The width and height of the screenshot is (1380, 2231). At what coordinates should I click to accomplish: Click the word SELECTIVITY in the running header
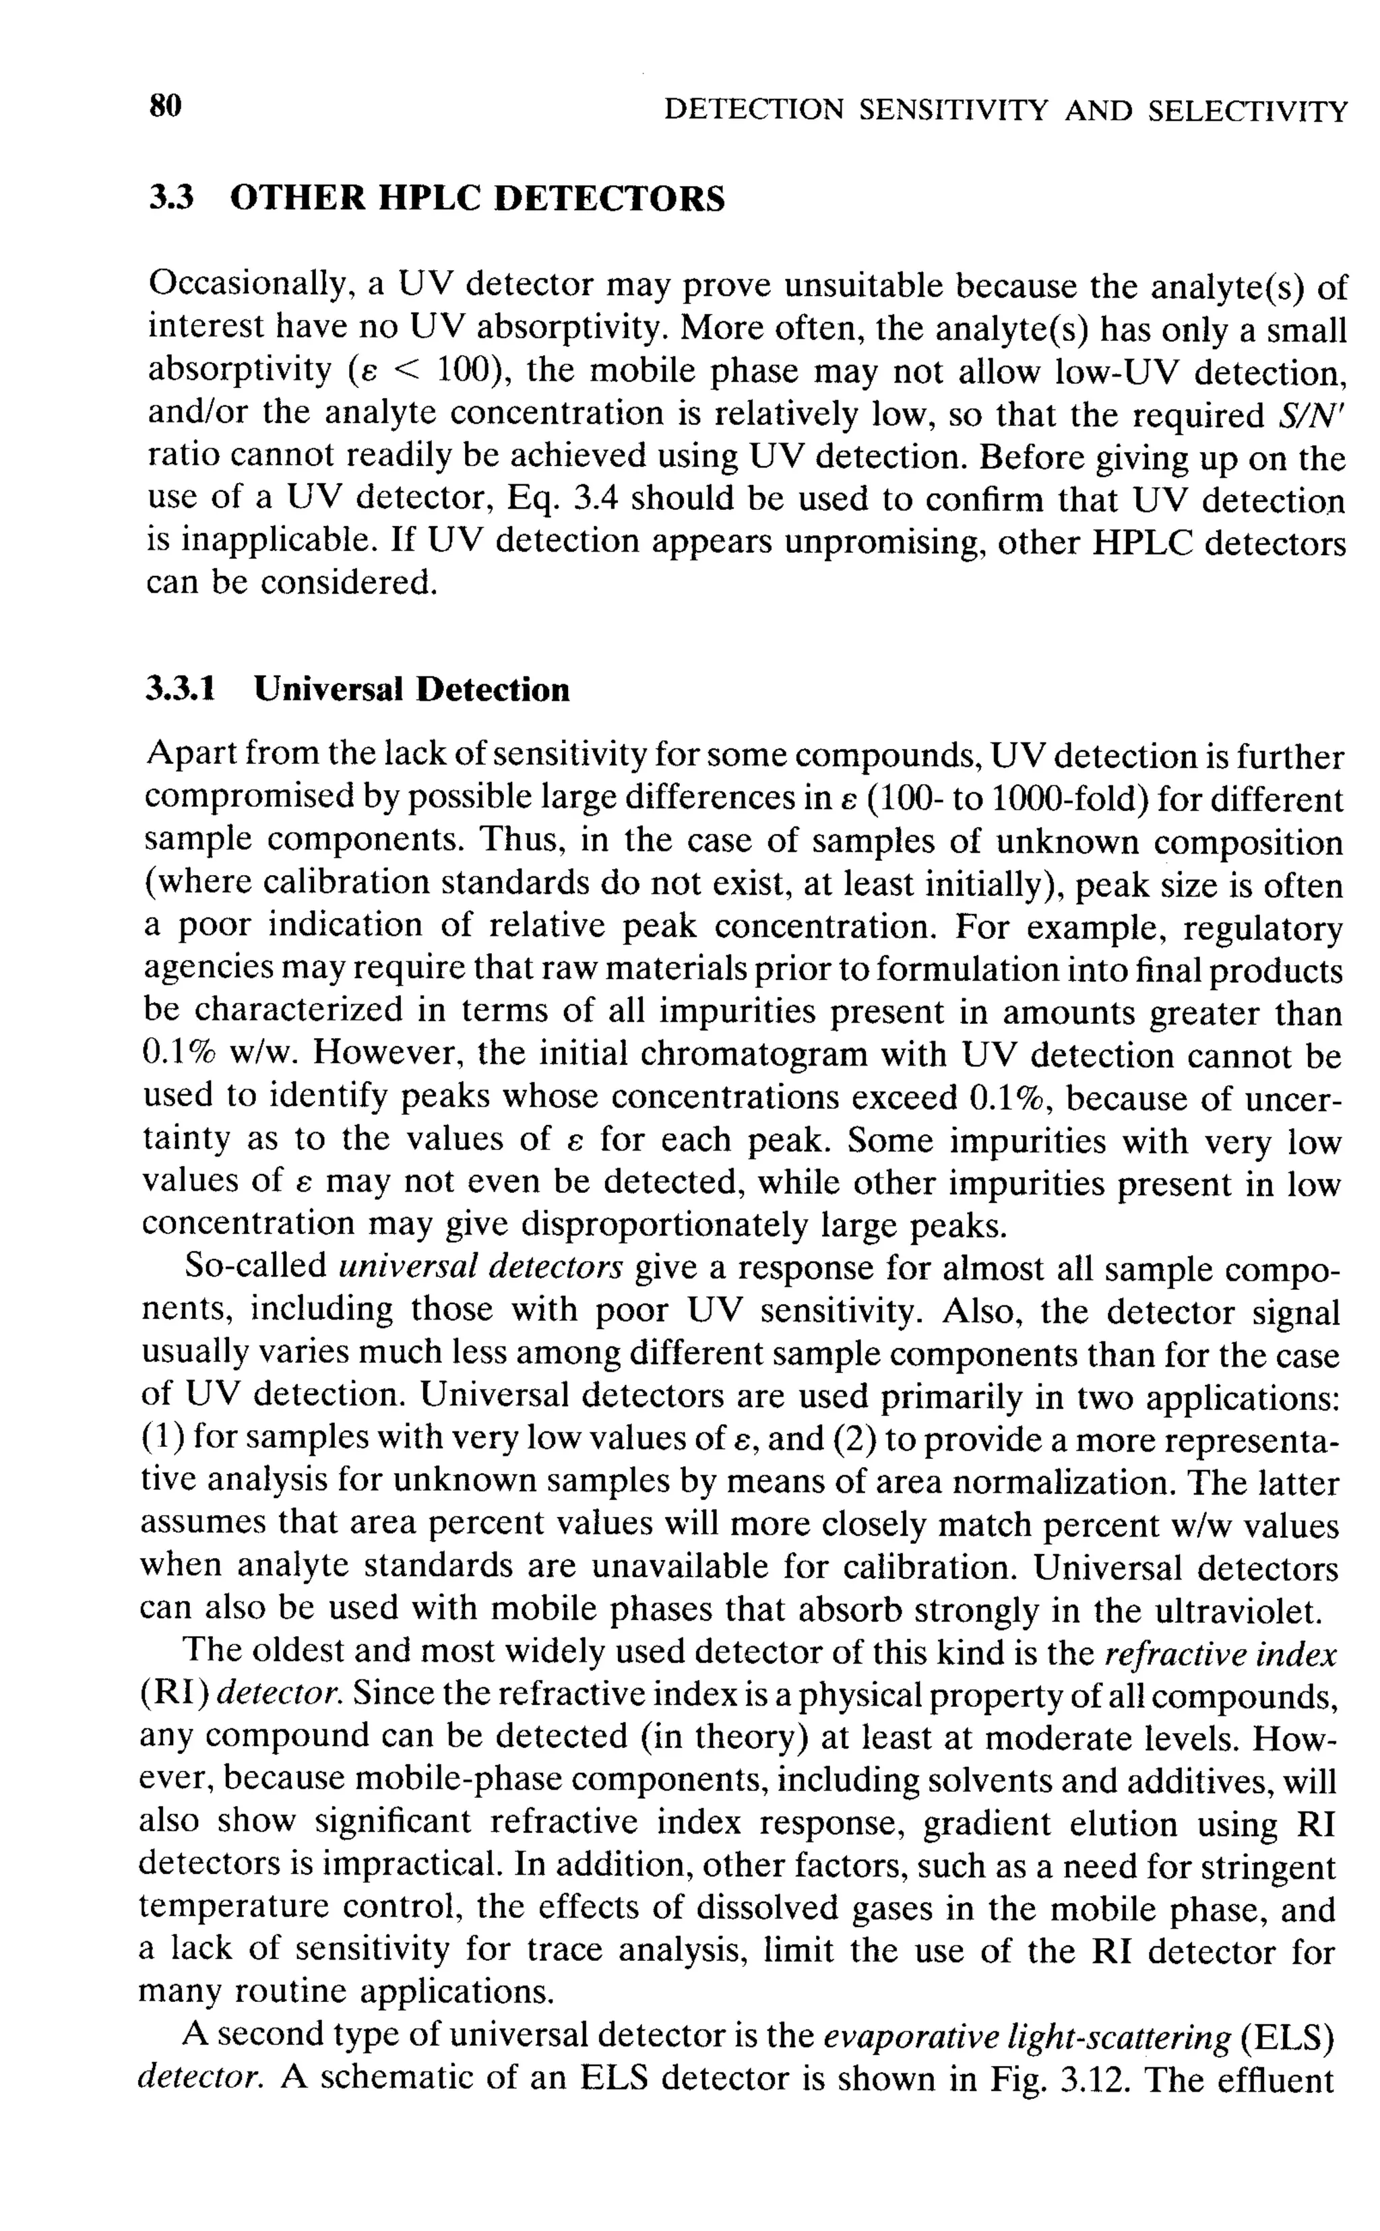(x=1247, y=111)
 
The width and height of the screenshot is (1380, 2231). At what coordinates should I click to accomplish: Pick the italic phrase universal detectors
(x=480, y=1268)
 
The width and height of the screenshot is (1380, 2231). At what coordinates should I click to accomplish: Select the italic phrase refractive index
(x=1220, y=1654)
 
